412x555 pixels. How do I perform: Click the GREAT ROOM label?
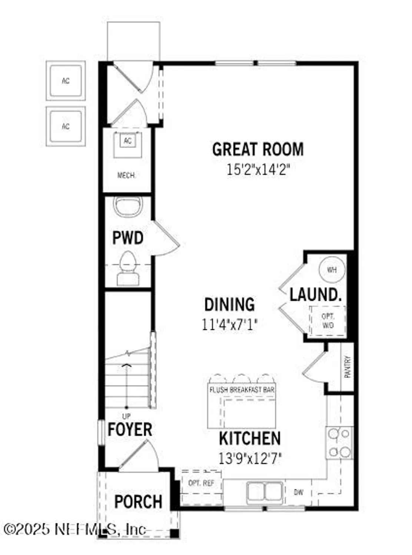coord(258,149)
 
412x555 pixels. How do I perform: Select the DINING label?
coord(229,304)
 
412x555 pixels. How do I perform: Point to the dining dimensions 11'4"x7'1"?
coord(229,324)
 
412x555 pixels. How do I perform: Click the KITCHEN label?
coord(250,438)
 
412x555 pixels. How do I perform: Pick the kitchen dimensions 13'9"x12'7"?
coord(250,458)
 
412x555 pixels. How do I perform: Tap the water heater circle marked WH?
coord(332,270)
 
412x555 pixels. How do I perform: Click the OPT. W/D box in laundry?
coord(328,321)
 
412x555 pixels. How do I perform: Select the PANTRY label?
coord(348,367)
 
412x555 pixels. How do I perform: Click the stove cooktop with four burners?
coord(339,443)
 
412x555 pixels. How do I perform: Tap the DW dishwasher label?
coord(299,492)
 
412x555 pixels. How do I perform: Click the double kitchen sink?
coord(265,492)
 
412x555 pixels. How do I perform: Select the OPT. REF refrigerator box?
coord(201,483)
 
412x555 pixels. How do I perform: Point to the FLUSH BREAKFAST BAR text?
coord(242,390)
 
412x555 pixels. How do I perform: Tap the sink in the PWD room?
coord(128,206)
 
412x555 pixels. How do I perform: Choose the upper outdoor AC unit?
coord(66,81)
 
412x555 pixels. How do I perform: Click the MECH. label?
coord(127,175)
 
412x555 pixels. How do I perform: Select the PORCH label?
coord(138,502)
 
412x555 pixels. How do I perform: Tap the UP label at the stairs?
coord(126,417)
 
